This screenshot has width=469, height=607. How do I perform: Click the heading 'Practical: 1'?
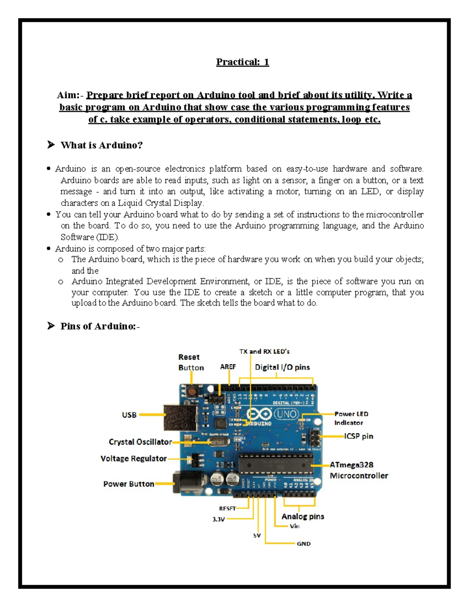(x=242, y=62)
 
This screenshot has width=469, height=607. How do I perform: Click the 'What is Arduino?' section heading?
(x=101, y=145)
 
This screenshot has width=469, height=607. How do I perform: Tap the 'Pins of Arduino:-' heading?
(x=100, y=326)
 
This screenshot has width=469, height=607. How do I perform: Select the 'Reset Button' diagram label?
(x=191, y=362)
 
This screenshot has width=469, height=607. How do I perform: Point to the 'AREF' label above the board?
(x=228, y=367)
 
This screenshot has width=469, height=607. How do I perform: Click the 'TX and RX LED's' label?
(x=264, y=352)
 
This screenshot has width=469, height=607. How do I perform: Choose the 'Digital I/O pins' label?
(x=282, y=367)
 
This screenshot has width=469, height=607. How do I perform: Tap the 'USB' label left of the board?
(x=129, y=415)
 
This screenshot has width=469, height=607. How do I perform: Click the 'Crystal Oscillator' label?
(x=140, y=442)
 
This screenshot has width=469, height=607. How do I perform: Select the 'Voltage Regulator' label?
(x=133, y=459)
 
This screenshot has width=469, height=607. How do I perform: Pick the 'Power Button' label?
(x=129, y=484)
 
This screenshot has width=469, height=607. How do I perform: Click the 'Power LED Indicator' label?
(x=351, y=418)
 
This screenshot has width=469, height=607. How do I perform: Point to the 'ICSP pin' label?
(x=358, y=436)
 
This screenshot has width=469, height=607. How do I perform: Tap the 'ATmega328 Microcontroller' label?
(x=358, y=470)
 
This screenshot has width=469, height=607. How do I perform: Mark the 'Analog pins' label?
(x=303, y=517)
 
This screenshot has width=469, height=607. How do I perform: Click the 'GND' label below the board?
(x=304, y=544)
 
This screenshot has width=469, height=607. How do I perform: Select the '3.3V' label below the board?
(x=218, y=519)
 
